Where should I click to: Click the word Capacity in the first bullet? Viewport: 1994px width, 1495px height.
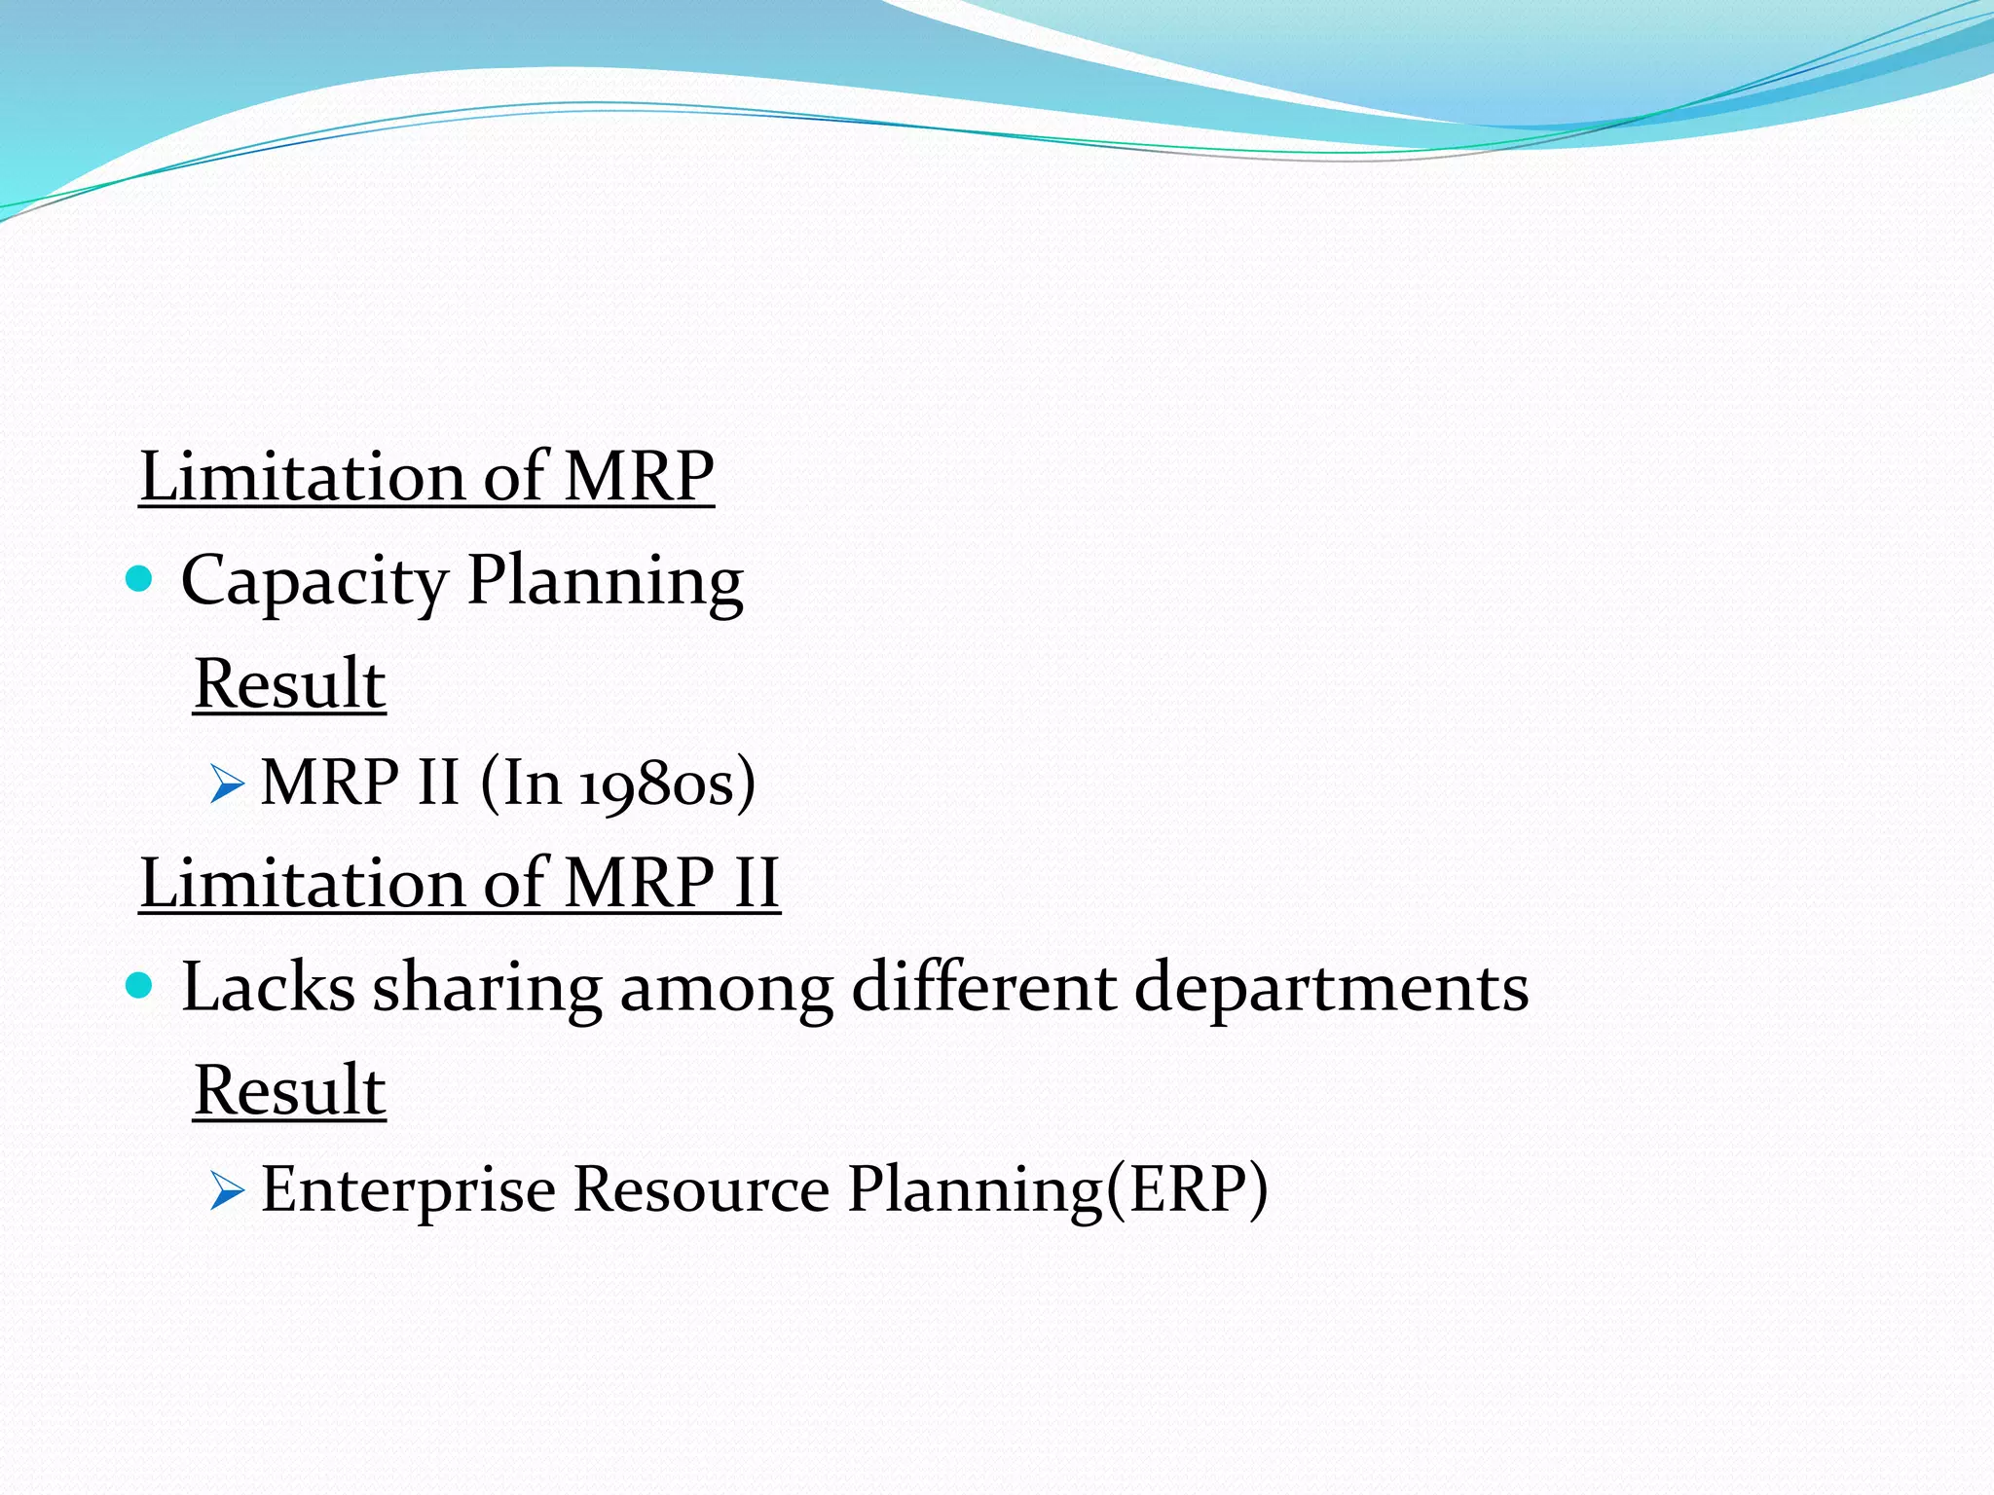(x=314, y=581)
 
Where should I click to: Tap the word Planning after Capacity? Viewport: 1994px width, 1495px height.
(x=605, y=581)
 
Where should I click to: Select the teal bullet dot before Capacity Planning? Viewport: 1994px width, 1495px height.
(x=140, y=580)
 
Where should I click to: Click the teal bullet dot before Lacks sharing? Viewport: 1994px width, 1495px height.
(x=140, y=986)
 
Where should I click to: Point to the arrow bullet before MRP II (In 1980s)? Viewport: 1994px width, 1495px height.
(x=226, y=784)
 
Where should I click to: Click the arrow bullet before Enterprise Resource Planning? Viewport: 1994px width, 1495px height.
(x=226, y=1190)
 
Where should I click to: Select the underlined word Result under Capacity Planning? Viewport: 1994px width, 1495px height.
(x=289, y=683)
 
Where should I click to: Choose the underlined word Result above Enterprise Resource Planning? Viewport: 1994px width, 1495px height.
(x=289, y=1090)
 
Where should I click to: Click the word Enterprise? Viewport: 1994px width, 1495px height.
(x=408, y=1189)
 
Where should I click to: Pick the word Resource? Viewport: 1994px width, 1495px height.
(x=701, y=1189)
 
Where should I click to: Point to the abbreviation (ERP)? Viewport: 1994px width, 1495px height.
(x=1187, y=1189)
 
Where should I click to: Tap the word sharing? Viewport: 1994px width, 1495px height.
(x=487, y=989)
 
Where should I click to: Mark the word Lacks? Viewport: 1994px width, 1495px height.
(x=268, y=987)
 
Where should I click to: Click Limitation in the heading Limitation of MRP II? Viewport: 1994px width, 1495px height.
(x=302, y=883)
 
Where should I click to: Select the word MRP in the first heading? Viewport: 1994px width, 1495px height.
(x=639, y=477)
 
